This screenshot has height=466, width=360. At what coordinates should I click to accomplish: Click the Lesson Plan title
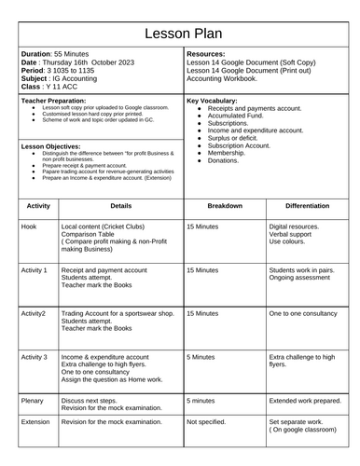click(x=180, y=34)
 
